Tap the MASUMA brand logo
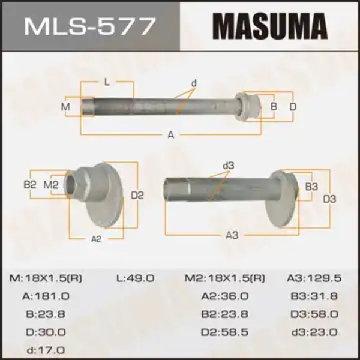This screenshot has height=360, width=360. click(x=270, y=26)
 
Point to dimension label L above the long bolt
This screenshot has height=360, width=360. click(x=107, y=82)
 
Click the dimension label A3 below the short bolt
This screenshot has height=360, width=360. click(x=232, y=235)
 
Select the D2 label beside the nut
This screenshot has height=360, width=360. click(x=137, y=195)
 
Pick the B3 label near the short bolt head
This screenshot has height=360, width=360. click(x=311, y=187)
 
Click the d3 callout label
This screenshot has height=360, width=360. click(x=229, y=166)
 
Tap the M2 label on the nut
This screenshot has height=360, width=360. click(x=51, y=185)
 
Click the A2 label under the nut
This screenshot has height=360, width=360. click(x=96, y=239)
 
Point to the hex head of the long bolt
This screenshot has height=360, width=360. click(x=248, y=107)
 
